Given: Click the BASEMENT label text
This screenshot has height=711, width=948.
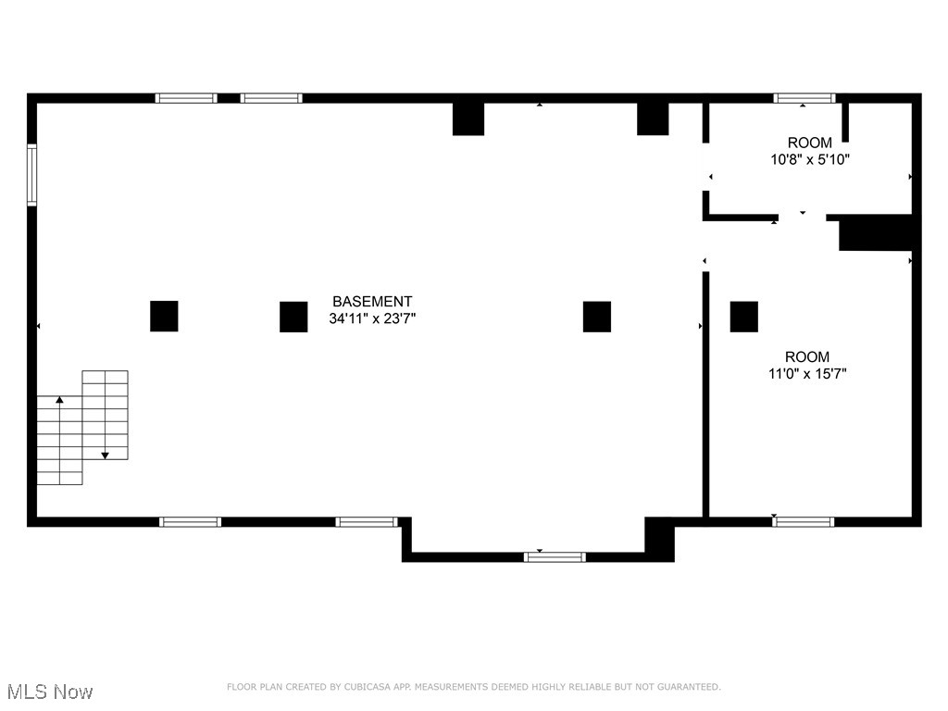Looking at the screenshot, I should coord(372,302).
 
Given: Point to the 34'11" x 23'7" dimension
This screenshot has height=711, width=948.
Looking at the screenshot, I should coord(372,319).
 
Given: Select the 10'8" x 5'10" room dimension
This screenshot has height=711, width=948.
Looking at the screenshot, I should coord(810,159).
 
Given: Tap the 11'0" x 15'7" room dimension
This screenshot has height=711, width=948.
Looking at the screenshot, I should coord(807,374).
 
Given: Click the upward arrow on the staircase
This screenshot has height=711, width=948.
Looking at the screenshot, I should coord(59,401).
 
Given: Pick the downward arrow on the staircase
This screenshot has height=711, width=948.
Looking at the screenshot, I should coord(106,455).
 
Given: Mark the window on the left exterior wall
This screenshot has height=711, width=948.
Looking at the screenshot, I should coord(31,174).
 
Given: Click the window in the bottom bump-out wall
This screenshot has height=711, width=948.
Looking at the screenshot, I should coord(555,556).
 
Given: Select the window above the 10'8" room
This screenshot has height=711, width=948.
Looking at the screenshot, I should coord(805,98).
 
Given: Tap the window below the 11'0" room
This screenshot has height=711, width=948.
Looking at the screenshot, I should coord(804,522).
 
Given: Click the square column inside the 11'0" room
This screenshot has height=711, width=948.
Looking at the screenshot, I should coord(744,317).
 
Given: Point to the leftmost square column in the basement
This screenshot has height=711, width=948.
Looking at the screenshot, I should coord(164,317).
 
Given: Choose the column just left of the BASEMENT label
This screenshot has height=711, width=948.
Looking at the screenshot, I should coord(293,317).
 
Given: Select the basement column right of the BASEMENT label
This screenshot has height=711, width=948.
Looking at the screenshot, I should coord(597,317).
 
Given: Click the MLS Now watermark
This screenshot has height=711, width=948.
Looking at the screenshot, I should coord(50,692).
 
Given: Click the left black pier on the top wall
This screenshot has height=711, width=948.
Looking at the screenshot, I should coord(468,118).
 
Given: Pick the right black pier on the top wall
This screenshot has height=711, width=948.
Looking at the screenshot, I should coord(653,118).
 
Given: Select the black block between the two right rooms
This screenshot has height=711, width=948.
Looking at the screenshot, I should coord(876,232).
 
